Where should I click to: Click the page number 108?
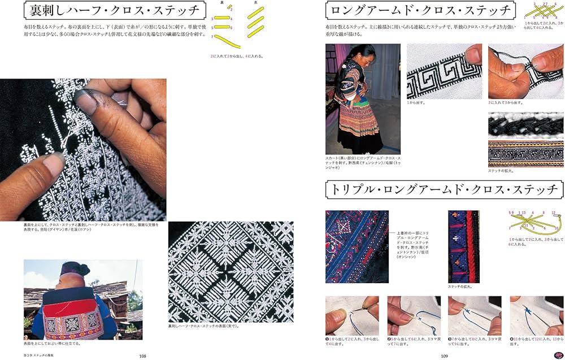pyautogui.click(x=142, y=355)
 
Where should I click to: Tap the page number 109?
pyautogui.click(x=444, y=355)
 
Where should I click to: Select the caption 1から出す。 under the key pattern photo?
pyautogui.click(x=416, y=102)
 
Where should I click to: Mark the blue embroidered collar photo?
pyautogui.click(x=357, y=246)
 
